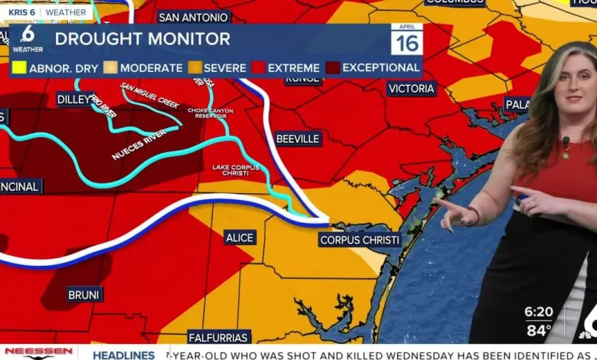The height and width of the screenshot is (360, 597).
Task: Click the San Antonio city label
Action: point(194,17)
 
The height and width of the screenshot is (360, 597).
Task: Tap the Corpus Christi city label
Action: point(360,240)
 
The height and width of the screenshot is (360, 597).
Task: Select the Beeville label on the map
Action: point(298,139)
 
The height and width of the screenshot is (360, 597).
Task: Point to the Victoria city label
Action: point(412,88)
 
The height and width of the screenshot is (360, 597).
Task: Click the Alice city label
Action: point(240,237)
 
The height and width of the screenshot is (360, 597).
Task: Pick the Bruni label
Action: point(84,295)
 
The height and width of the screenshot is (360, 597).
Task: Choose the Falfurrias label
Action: point(219,337)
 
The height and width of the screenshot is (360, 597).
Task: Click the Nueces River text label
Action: point(139,144)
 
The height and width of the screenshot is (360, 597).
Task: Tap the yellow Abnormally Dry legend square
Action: point(19,67)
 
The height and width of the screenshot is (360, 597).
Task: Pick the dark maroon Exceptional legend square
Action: point(332,67)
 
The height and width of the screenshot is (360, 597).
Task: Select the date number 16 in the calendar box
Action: point(406,43)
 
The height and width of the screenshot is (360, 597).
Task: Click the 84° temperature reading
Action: point(539,331)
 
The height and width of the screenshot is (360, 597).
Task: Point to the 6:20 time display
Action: point(539,312)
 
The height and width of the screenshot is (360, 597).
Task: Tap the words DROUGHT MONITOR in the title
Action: point(142,39)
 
